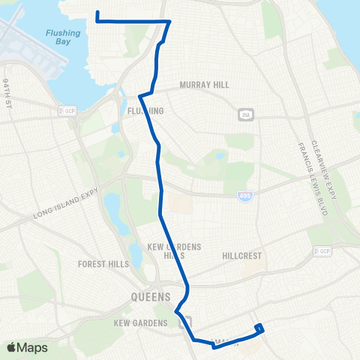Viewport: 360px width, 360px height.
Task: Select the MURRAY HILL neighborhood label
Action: pyautogui.click(x=204, y=85)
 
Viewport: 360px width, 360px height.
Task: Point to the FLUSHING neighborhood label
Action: pyautogui.click(x=146, y=111)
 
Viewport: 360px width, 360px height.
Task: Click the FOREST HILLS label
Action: pyautogui.click(x=103, y=264)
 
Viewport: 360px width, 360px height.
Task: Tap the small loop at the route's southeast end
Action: pyautogui.click(x=259, y=328)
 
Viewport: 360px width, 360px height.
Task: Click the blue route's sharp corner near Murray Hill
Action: pyautogui.click(x=170, y=22)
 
